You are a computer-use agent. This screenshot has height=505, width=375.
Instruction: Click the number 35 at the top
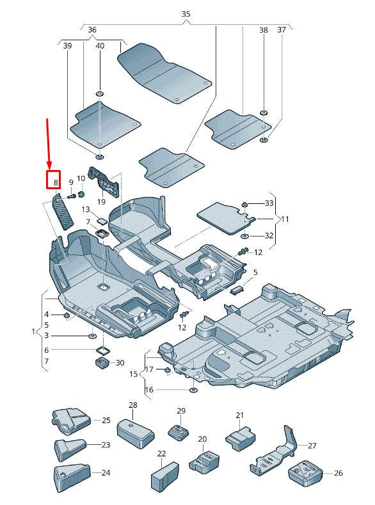186,13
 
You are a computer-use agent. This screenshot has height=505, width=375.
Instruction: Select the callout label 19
101,202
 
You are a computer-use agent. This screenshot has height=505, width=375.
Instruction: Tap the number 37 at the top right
282,30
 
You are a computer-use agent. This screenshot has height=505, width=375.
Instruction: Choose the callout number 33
269,203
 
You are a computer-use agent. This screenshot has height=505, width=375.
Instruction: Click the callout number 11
285,219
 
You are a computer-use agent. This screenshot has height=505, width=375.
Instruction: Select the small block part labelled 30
100,364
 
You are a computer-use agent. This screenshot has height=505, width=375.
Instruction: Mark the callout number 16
150,389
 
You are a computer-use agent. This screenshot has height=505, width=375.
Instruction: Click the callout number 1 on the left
33,332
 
